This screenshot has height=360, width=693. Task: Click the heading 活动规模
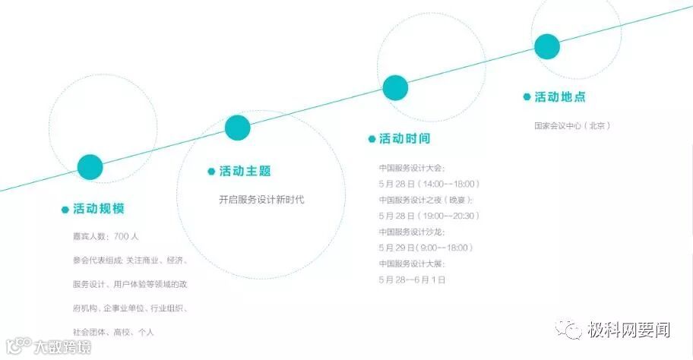pos(98,209)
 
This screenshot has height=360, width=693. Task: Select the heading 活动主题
pos(245,172)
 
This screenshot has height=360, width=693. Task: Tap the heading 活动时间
pos(404,139)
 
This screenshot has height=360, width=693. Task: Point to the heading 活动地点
pos(560,97)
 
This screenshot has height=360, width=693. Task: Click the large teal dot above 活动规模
pos(90,167)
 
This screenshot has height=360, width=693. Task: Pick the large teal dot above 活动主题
pos(238,128)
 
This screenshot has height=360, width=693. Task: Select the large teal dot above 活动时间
pos(395,87)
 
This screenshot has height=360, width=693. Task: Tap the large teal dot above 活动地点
pos(547,46)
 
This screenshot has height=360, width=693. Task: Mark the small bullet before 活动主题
pos(211,172)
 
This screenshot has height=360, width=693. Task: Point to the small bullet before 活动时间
pos(372,139)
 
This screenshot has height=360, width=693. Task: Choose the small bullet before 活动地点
pos(527,97)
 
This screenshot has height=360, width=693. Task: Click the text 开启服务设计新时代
pos(261,200)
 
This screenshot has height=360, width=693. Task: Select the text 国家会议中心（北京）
pos(572,125)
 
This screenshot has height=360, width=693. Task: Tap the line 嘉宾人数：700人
pos(105,236)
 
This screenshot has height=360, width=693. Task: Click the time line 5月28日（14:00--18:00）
pos(429,184)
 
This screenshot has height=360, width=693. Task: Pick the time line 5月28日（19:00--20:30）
pos(429,216)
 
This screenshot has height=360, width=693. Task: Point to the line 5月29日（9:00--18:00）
pos(426,248)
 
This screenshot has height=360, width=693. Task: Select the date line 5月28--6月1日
pos(413,279)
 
